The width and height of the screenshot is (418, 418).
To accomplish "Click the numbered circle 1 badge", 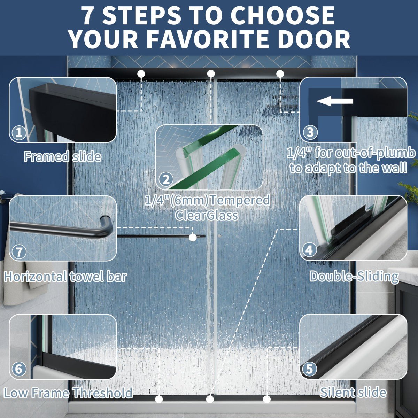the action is coord(19,132).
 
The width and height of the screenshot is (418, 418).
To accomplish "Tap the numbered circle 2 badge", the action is coord(166,180).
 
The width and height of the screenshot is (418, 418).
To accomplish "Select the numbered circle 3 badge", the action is coord(310,132).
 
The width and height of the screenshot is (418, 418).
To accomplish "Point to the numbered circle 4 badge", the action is coord(309,250).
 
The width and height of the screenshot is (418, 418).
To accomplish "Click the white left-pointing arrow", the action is coord(335,101).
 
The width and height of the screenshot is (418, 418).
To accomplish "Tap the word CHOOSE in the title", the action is coord(282,15).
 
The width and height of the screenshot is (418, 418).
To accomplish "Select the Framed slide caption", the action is coord(63,157).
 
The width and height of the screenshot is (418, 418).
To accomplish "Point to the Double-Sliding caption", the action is coord(354,277).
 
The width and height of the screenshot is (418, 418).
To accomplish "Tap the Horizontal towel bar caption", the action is coord(65,277).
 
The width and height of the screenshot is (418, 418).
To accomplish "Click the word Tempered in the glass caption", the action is coord(240,200).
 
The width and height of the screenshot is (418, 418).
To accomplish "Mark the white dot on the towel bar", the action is coord(193,237).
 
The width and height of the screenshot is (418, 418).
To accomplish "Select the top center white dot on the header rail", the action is coord(211,73).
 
